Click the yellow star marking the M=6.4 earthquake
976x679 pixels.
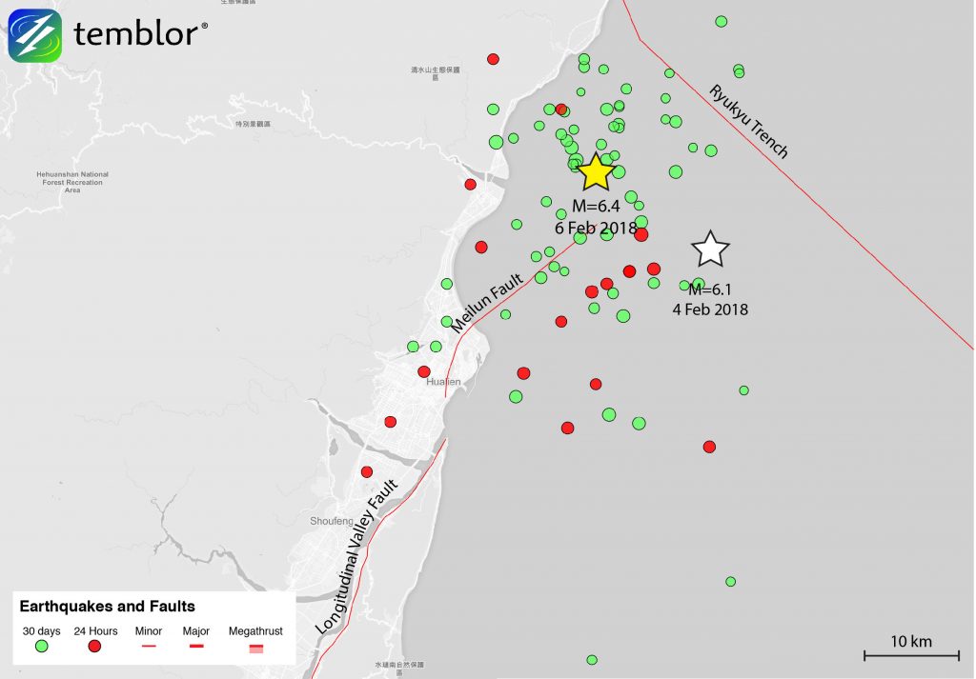point(596,172)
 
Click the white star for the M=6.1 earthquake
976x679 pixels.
point(710,250)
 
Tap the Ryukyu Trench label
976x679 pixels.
point(748,121)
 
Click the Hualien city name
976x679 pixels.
point(443,382)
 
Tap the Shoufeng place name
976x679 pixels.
point(331,521)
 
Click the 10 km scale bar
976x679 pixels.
point(910,654)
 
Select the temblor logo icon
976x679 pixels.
point(35,36)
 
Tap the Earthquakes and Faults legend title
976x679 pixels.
point(108,606)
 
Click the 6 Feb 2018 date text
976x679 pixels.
point(596,228)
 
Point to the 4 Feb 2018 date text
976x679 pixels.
point(710,310)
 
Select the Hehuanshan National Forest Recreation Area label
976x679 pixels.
point(71,182)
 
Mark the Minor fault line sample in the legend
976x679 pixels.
point(148,647)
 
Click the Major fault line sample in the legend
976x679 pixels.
point(195,647)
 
